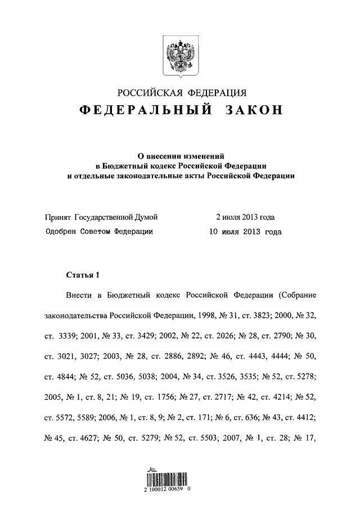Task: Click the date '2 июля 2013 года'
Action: pos(246,217)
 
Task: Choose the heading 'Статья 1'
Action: pos(82,275)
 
